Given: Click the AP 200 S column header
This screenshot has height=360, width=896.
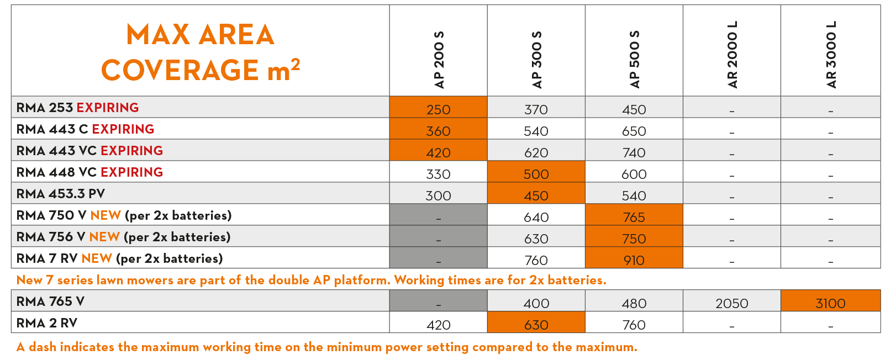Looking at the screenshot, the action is click(439, 60).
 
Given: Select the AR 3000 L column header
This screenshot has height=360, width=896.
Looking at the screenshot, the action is click(831, 55).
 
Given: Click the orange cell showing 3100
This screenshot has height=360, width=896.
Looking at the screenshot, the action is click(830, 301).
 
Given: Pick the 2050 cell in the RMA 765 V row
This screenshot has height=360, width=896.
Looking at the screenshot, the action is click(732, 304).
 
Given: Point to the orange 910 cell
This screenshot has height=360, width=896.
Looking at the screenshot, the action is click(634, 258).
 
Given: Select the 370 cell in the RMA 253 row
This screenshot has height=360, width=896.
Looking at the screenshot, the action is click(536, 109).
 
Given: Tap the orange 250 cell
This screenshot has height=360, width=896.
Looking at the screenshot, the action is click(439, 107).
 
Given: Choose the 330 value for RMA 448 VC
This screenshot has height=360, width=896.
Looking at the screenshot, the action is click(439, 174).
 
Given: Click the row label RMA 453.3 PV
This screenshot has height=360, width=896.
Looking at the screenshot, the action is click(60, 194).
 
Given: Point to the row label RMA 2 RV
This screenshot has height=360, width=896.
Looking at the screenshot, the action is click(47, 323).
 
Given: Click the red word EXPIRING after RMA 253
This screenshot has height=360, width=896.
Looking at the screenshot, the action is click(108, 108).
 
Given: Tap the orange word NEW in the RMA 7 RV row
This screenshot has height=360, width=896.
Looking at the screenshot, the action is click(97, 258).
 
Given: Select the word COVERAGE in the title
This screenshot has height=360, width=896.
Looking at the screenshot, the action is click(180, 70).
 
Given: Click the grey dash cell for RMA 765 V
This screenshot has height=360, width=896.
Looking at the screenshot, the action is click(439, 301).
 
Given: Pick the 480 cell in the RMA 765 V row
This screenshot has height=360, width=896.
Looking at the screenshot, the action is click(634, 304).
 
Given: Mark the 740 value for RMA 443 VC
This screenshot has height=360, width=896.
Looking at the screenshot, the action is click(634, 153).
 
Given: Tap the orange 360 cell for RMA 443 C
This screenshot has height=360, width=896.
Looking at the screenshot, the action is click(439, 129).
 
